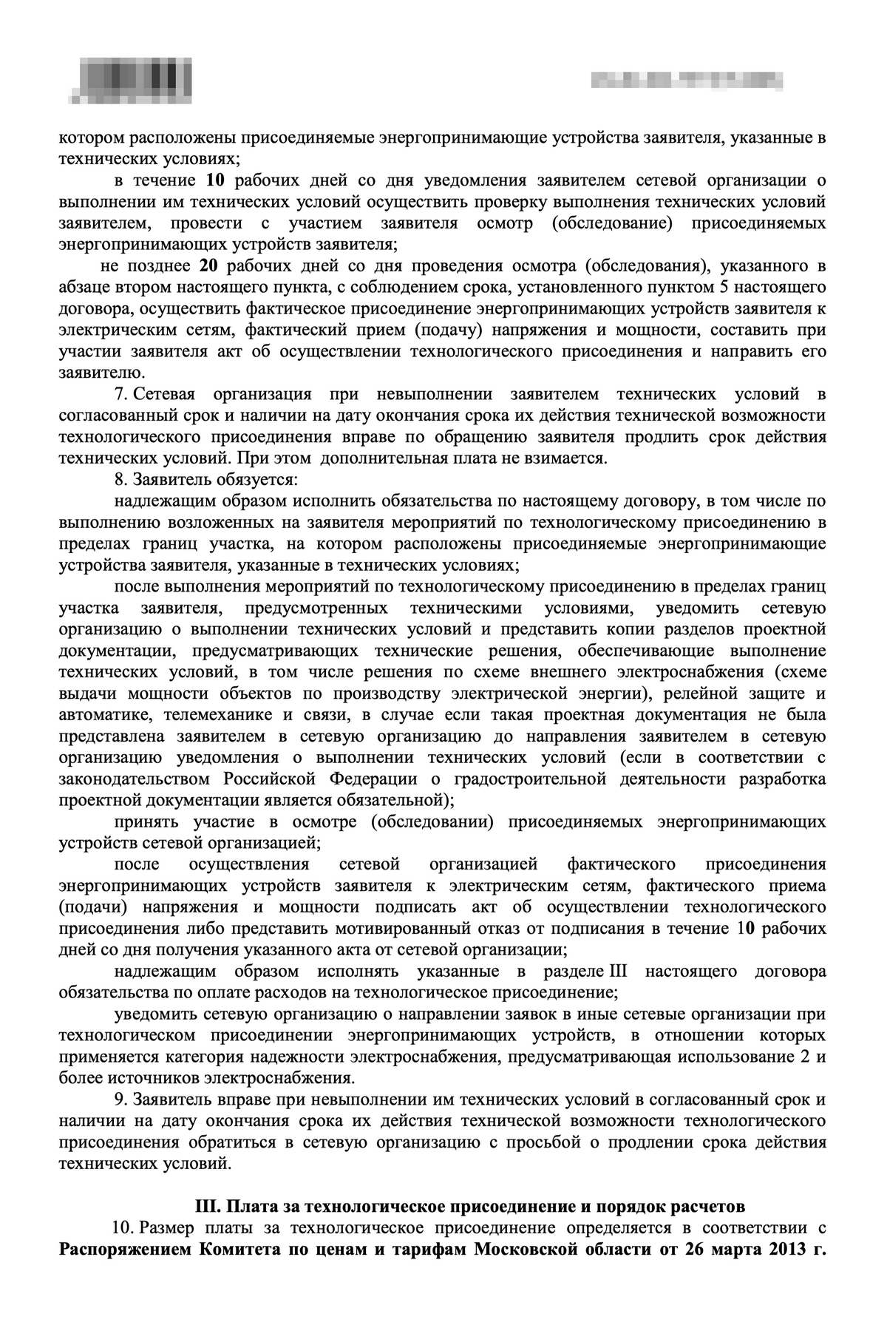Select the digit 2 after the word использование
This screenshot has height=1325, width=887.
click(x=806, y=1056)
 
